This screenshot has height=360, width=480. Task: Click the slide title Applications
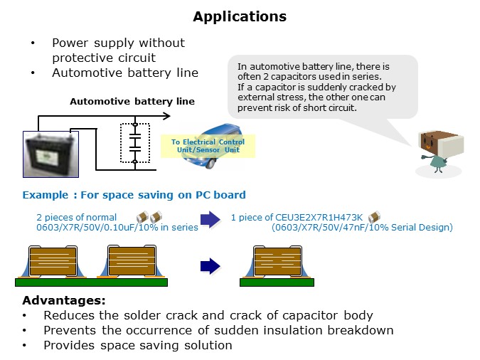click(240, 16)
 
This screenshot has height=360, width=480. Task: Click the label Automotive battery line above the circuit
click(132, 102)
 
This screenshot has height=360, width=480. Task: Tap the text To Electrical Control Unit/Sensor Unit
click(208, 145)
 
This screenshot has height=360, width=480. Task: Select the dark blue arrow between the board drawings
click(210, 267)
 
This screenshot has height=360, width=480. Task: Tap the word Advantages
click(63, 300)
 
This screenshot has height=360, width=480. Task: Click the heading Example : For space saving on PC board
click(134, 195)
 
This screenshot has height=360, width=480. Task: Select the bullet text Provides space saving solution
click(137, 345)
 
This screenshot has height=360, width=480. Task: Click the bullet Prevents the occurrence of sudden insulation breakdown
click(218, 330)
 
